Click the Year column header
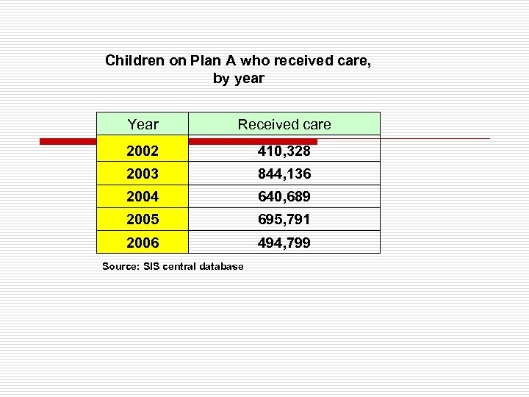(x=143, y=124)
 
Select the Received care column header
(x=284, y=124)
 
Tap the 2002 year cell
(x=143, y=151)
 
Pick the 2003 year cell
(x=143, y=174)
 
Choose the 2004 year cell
(x=143, y=197)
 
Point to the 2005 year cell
(x=143, y=220)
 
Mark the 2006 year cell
(x=143, y=243)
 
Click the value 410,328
(x=284, y=151)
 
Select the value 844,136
(x=284, y=174)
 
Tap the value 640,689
(x=284, y=197)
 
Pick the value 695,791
(x=284, y=220)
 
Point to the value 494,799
(x=284, y=243)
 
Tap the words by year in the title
(x=238, y=79)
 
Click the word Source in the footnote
(x=118, y=266)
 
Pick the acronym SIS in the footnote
(x=148, y=266)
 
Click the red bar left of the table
(x=68, y=141)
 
